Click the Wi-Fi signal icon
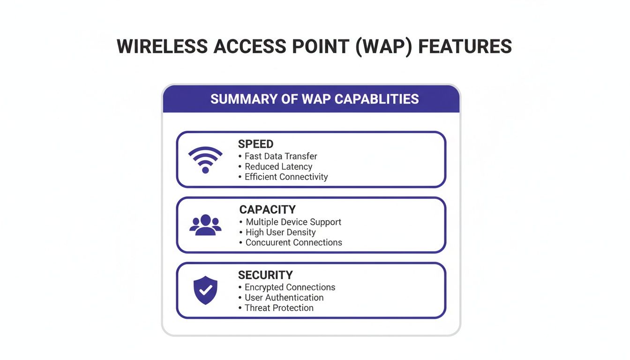click(x=205, y=160)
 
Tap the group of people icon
click(x=205, y=225)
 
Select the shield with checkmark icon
click(x=205, y=290)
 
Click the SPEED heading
click(x=255, y=144)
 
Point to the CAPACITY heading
click(x=267, y=210)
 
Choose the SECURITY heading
click(x=265, y=275)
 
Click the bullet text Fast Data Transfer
click(x=281, y=156)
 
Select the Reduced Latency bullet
click(x=278, y=166)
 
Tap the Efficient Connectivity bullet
click(x=286, y=177)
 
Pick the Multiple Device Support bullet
click(x=293, y=222)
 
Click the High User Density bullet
click(x=281, y=232)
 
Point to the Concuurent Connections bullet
click(x=294, y=242)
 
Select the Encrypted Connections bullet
click(x=290, y=287)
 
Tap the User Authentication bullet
click(x=284, y=297)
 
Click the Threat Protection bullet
click(x=279, y=307)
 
